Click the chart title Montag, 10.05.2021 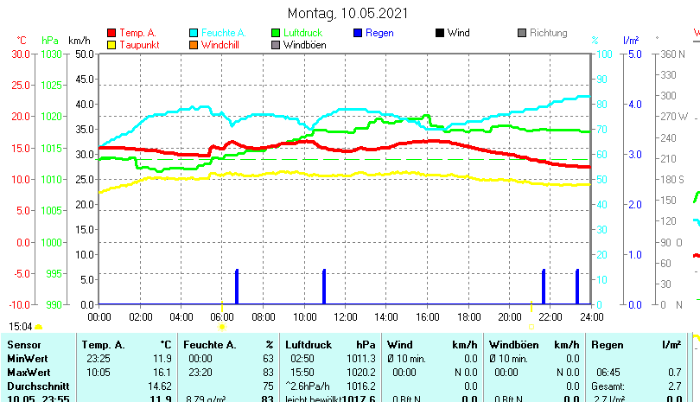[x=347, y=13]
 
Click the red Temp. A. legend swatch [x=111, y=33]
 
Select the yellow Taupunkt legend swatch [x=111, y=44]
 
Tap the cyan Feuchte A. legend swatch [x=194, y=33]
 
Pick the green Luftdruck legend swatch [x=276, y=33]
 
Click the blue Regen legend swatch [x=358, y=33]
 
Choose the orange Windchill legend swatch [x=194, y=44]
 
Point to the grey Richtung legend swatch [x=522, y=33]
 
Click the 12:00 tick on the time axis [x=345, y=317]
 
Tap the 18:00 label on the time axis [x=468, y=317]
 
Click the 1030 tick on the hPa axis [x=51, y=54]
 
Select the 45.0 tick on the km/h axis [x=84, y=79]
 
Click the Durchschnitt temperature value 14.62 [x=159, y=386]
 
